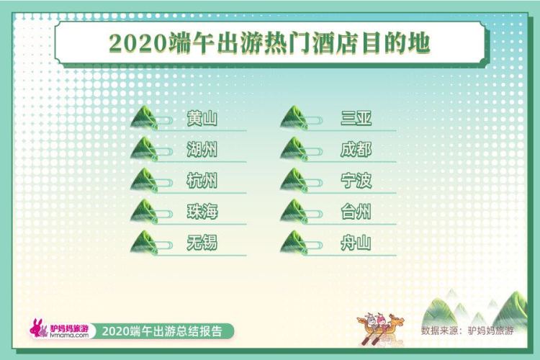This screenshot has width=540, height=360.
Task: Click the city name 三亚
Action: (356, 119)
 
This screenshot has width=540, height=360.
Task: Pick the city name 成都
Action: (356, 150)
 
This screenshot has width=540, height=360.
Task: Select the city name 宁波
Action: (356, 181)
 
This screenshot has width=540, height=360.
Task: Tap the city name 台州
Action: (356, 212)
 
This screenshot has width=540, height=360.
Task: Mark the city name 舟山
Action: (356, 243)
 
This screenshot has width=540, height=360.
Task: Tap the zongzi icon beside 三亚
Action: (294, 118)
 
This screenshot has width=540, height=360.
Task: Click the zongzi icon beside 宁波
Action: (294, 180)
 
